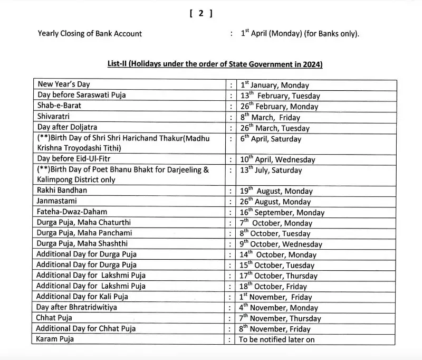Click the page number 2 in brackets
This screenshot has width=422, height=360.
point(201,14)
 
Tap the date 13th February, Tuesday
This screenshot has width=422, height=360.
point(280,96)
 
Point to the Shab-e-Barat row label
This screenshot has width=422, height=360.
point(59,106)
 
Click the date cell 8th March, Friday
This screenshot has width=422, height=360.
point(270,117)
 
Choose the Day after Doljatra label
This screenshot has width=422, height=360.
point(67,127)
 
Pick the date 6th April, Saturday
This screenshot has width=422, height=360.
point(271,139)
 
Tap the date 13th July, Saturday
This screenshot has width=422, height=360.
point(271,170)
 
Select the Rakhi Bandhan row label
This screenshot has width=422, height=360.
point(62,191)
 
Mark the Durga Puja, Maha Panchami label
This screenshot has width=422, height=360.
point(84,233)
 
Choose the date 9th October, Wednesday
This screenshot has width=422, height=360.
point(281,244)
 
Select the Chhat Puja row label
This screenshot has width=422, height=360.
point(55,318)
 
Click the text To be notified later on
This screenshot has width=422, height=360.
point(277,339)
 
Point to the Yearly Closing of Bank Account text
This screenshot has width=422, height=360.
point(90,34)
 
